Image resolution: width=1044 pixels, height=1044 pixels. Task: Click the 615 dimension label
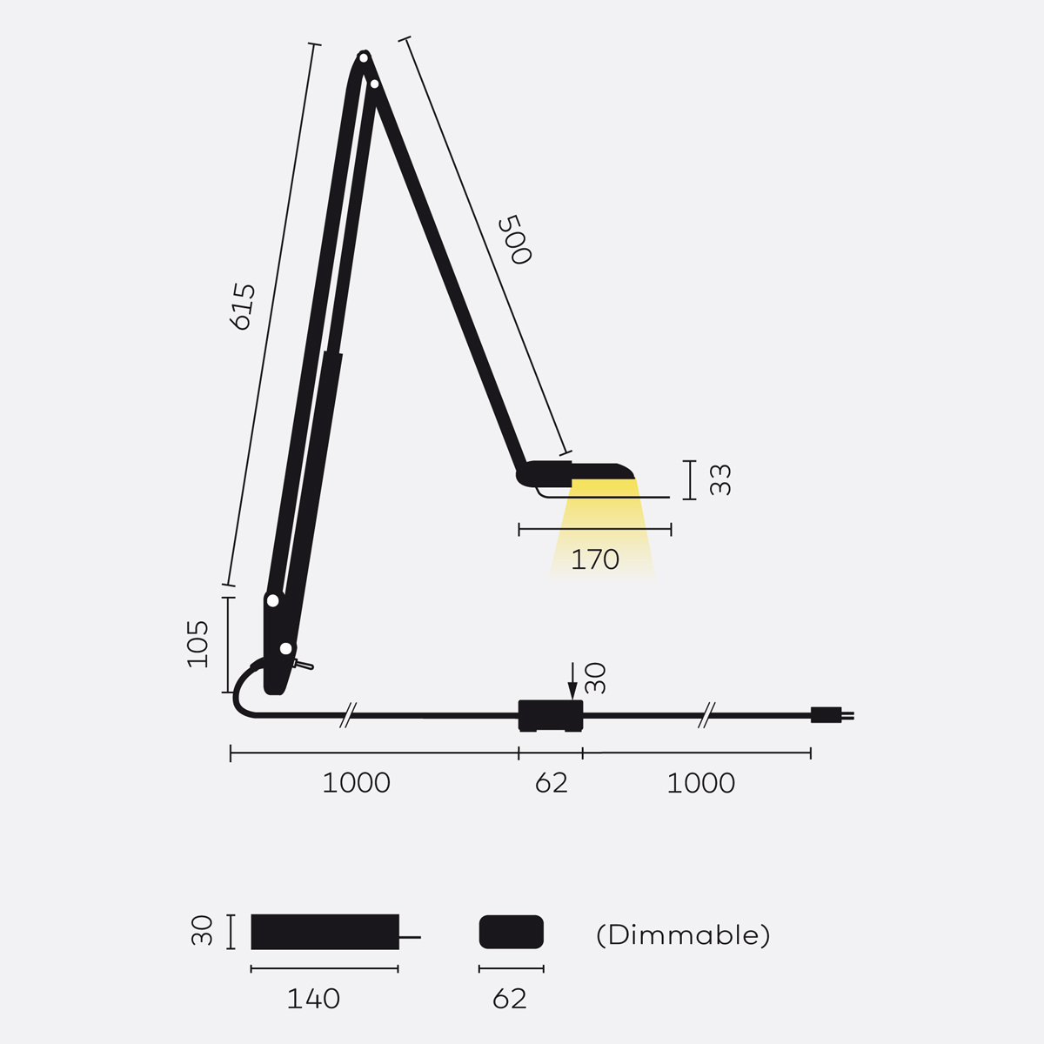pos(242,306)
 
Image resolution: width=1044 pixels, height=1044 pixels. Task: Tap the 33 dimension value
pos(720,479)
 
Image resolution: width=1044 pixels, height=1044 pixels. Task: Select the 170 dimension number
pos(595,559)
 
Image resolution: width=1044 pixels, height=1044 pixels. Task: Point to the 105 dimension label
pos(197,644)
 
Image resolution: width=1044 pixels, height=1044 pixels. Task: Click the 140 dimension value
pos(313,999)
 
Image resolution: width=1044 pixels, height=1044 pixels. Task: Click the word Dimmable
pos(683,934)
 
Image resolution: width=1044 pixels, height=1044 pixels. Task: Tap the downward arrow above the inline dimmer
pos(572,680)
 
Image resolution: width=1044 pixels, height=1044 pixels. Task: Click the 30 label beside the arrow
pos(595,678)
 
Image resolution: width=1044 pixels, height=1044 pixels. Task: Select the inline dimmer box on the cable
pos(551,716)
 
